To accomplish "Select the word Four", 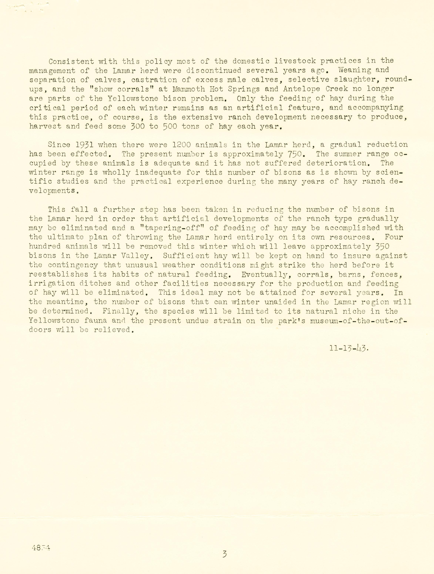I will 394,237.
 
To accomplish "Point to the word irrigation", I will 52,284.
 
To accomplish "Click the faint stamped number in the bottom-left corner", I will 41,548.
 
